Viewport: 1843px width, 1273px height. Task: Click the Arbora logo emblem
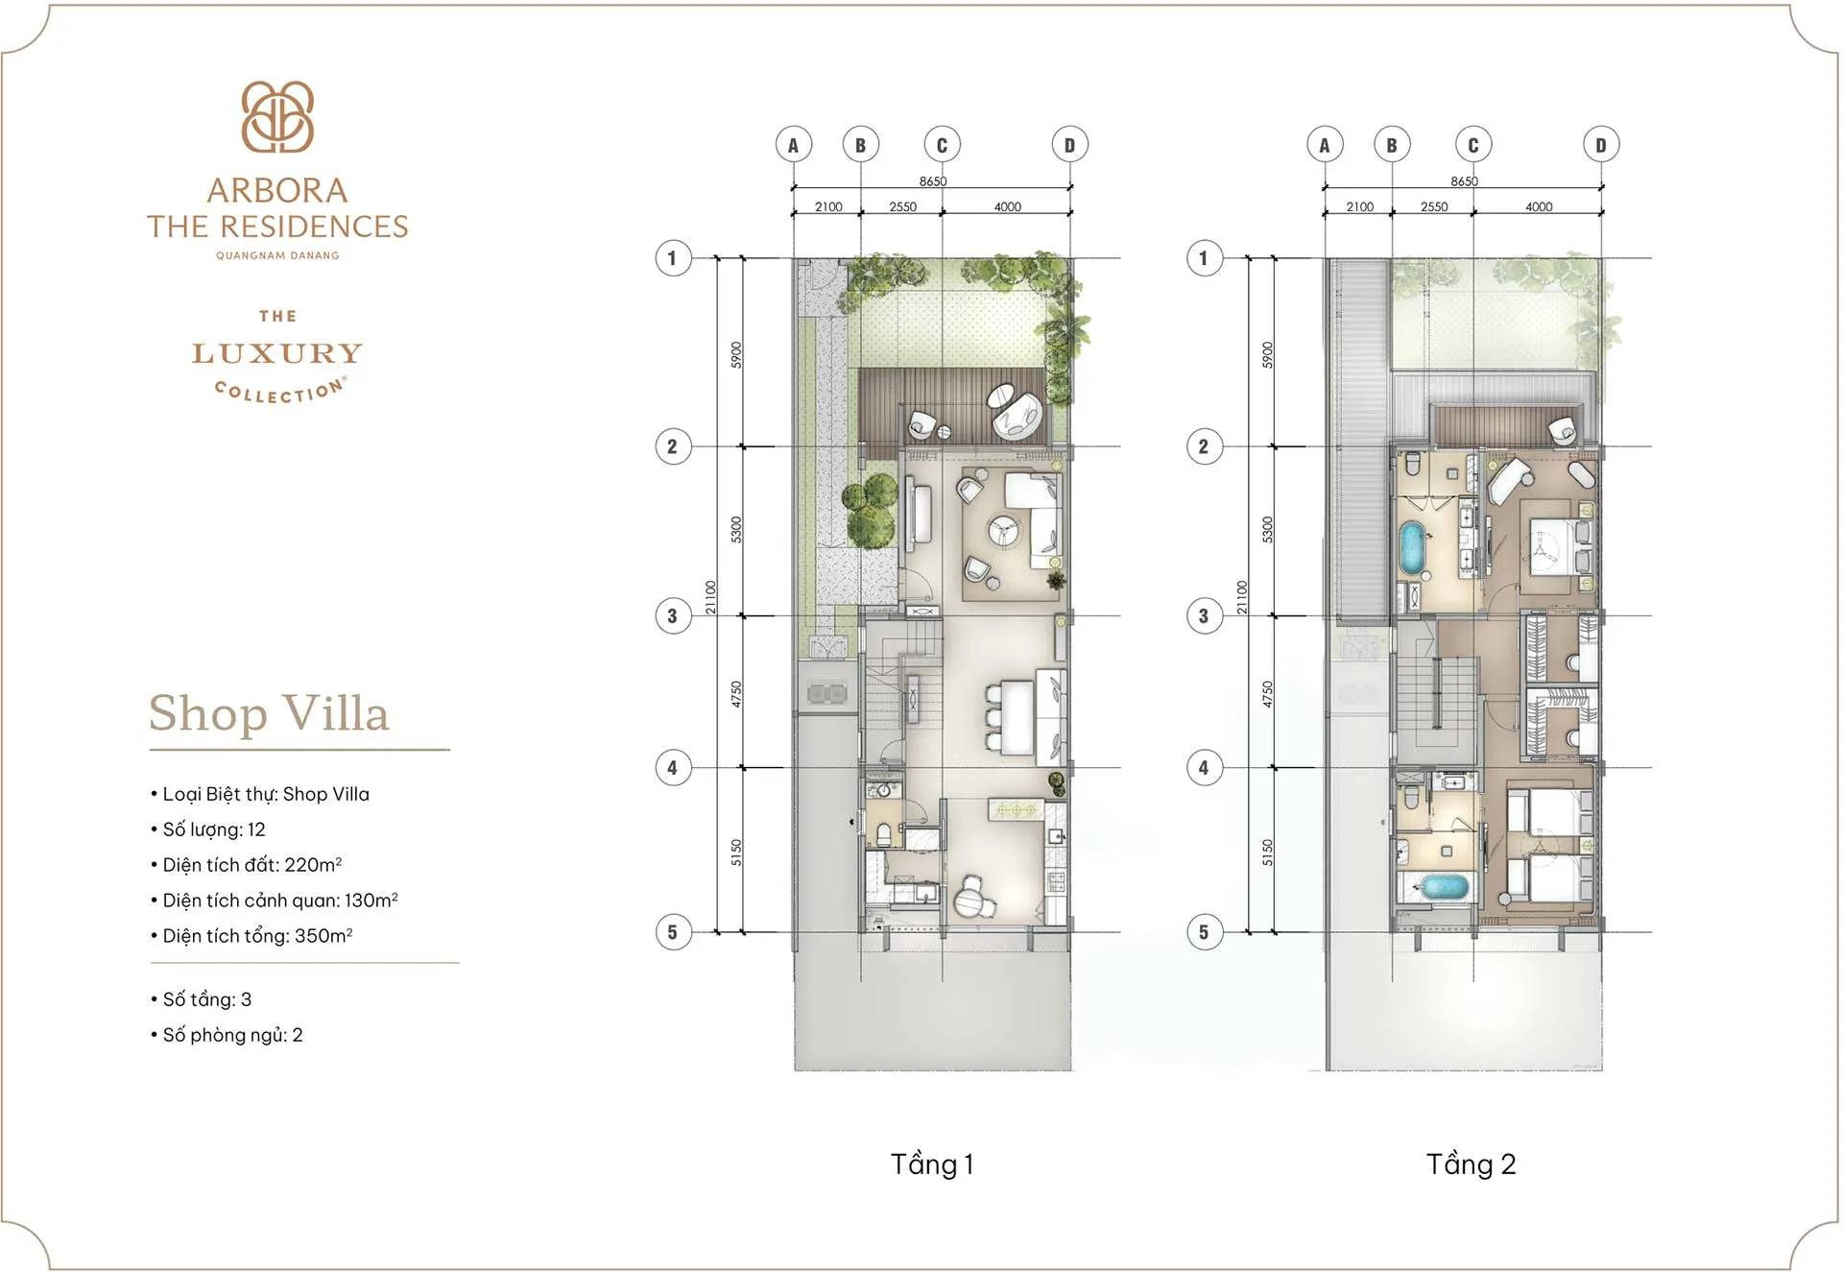click(277, 117)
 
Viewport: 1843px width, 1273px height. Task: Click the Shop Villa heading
click(269, 713)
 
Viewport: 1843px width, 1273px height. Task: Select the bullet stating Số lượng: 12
click(213, 829)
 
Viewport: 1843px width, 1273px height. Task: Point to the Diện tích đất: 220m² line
click(251, 865)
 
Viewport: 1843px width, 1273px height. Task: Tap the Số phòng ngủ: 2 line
click(232, 1035)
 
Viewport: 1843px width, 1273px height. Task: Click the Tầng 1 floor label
click(931, 1165)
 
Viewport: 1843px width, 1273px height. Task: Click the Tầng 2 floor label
click(1471, 1165)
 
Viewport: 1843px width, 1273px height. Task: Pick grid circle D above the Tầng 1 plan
click(1069, 145)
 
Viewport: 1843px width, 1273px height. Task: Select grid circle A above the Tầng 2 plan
click(1325, 145)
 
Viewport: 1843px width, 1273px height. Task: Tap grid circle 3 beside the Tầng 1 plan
click(673, 616)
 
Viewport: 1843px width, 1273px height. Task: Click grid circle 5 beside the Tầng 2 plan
click(1204, 932)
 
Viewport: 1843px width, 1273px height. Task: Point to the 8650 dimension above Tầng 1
click(932, 181)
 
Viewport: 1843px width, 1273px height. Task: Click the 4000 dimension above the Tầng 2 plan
click(1538, 207)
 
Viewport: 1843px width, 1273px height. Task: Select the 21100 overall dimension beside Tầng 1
click(710, 597)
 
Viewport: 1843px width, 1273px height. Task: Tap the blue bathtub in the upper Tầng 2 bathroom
click(1411, 548)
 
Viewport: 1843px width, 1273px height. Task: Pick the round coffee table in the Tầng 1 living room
click(1004, 531)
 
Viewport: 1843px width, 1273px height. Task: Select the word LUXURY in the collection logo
click(277, 354)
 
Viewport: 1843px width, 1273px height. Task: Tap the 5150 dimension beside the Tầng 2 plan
click(1267, 853)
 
